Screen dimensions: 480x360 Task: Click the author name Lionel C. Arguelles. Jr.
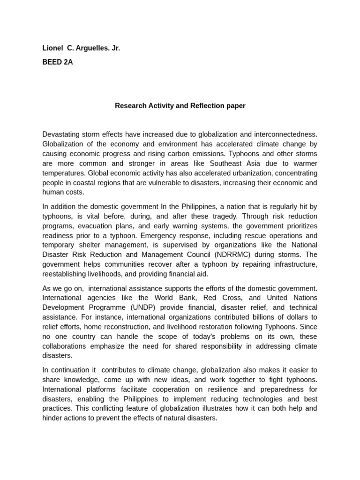click(81, 48)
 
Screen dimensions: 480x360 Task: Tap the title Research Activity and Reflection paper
click(180, 106)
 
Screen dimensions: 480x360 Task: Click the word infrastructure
click(292, 264)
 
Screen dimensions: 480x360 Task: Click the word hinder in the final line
click(53, 418)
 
